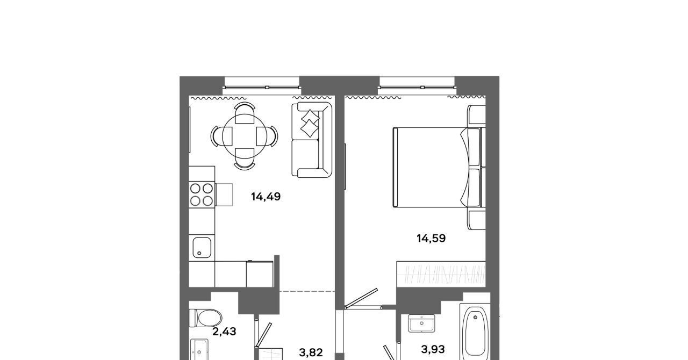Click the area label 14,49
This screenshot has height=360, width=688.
266,197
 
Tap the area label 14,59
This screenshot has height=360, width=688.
431,239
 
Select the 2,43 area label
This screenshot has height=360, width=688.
224,332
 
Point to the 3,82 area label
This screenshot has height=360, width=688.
311,352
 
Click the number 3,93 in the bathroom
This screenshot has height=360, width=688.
433,350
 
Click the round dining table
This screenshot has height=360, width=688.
244,136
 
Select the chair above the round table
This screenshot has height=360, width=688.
245,112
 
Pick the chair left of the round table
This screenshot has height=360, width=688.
221,136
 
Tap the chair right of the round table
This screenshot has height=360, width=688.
267,136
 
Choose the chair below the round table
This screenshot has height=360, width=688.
245,159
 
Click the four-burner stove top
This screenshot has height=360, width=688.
202,195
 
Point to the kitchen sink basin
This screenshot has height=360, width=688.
202,248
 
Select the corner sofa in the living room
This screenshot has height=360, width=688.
312,140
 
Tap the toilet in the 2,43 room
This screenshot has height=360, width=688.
205,318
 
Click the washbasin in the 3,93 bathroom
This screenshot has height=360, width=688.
421,323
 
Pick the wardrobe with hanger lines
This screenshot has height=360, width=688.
441,274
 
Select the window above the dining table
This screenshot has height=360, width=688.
262,83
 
